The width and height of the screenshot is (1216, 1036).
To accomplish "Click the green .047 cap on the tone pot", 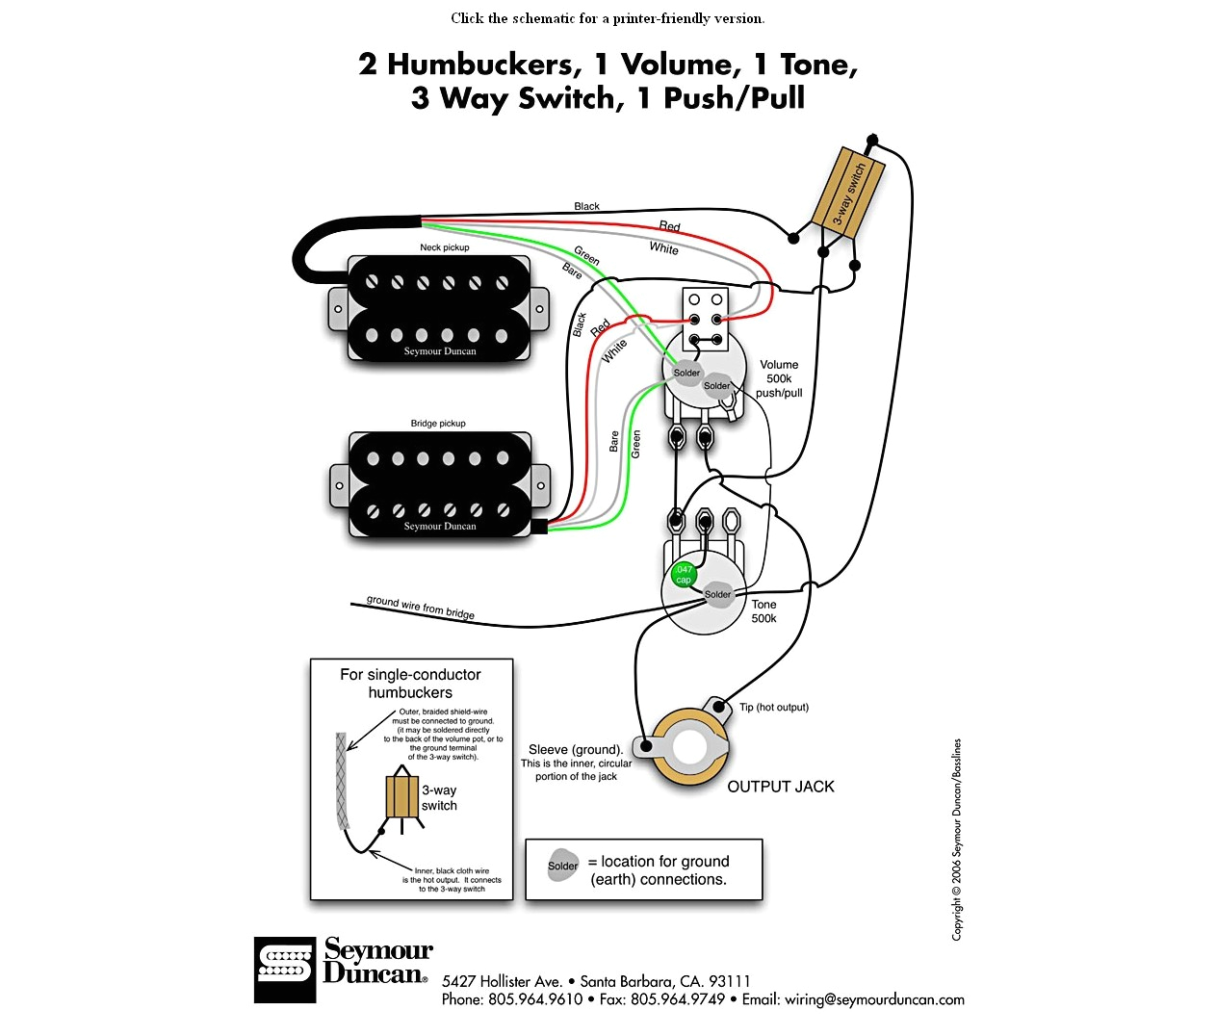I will coord(684,575).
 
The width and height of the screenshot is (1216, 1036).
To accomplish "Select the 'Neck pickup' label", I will coord(444,247).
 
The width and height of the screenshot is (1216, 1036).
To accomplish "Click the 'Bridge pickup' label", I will coord(438,424).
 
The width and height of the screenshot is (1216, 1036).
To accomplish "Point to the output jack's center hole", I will coord(690,748).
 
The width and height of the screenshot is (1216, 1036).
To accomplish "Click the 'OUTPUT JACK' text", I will coord(780,787).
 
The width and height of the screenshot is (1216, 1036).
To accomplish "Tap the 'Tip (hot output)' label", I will coord(773,707).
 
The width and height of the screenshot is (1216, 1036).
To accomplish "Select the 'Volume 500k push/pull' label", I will coord(779,378).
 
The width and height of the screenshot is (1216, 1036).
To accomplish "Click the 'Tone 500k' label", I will coord(763,611).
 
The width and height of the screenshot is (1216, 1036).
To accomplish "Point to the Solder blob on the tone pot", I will coord(717,594).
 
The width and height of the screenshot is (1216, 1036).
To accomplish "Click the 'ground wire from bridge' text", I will coord(421,607).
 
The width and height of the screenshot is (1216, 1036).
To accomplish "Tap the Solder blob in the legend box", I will coord(563,865).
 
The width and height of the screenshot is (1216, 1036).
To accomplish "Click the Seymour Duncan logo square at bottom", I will coord(285,970).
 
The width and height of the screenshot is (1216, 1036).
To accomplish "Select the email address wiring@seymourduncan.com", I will coord(874,999).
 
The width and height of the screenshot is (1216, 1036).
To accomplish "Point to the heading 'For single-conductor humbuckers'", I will coord(410,683).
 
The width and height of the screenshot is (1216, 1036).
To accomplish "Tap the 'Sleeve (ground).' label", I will coord(576,749).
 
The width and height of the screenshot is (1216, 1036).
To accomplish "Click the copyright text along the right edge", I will coord(956,840).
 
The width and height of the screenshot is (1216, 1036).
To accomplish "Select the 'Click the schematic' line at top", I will coord(608,18).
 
